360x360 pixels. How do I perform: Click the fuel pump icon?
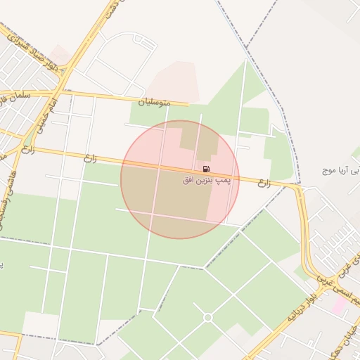[205, 169]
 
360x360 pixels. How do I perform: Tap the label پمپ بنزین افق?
[206, 181]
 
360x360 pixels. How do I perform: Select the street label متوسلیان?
[156, 103]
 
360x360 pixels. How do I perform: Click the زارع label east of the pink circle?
[264, 184]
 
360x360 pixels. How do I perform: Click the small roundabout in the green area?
[207, 318]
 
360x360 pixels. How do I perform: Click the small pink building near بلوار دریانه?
[339, 305]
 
